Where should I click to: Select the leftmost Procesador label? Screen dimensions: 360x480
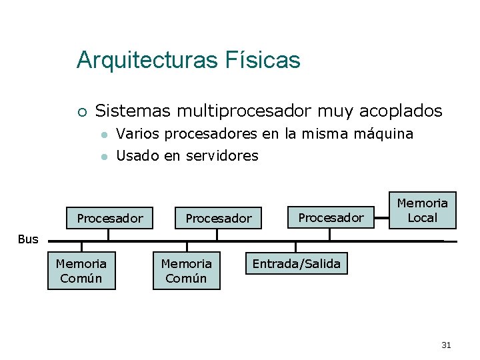(x=110, y=218)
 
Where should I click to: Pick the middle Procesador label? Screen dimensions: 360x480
(x=218, y=218)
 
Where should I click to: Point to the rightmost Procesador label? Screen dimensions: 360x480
(x=331, y=217)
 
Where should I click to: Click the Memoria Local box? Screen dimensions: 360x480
(x=423, y=210)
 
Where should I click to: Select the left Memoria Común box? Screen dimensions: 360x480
(x=81, y=271)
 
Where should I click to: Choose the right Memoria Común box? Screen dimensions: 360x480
(x=186, y=271)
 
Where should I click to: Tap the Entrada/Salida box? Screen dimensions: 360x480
(x=296, y=264)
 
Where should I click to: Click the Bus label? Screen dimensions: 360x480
(x=28, y=239)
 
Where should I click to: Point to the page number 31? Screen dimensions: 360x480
(x=447, y=345)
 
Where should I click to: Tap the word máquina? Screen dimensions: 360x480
(x=383, y=134)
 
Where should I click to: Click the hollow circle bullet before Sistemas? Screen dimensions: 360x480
(x=81, y=111)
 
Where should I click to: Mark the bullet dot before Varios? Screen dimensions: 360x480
(x=103, y=135)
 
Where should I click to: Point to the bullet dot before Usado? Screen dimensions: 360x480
(x=103, y=157)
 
